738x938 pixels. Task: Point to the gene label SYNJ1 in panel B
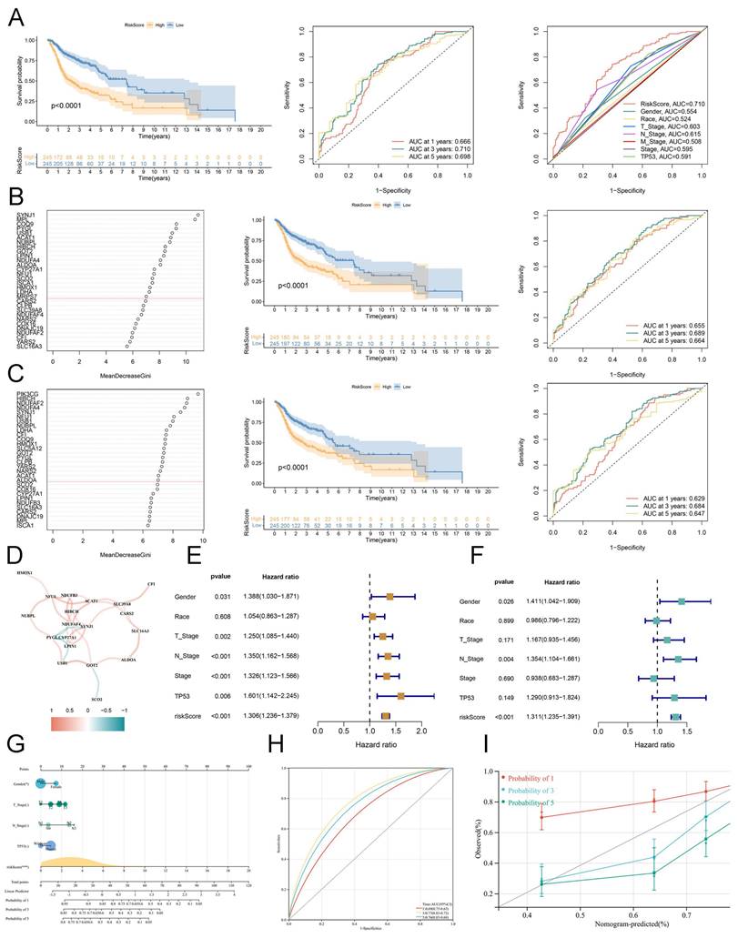[25, 215]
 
